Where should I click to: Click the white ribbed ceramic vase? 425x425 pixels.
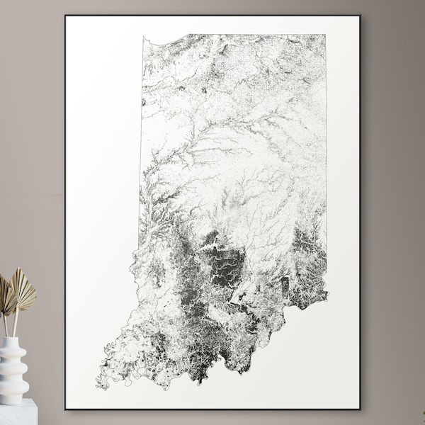pos(13,368)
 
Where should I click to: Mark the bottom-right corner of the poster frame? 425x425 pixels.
pos(360,409)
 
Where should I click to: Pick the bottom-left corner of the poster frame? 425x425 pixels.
pos(65,409)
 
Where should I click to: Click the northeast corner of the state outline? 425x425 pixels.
pos(326,34)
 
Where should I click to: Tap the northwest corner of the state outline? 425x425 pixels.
pos(142,37)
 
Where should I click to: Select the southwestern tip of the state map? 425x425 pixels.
pos(99,386)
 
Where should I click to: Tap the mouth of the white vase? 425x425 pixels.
pos(12,339)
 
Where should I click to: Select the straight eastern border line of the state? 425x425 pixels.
pos(326,142)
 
